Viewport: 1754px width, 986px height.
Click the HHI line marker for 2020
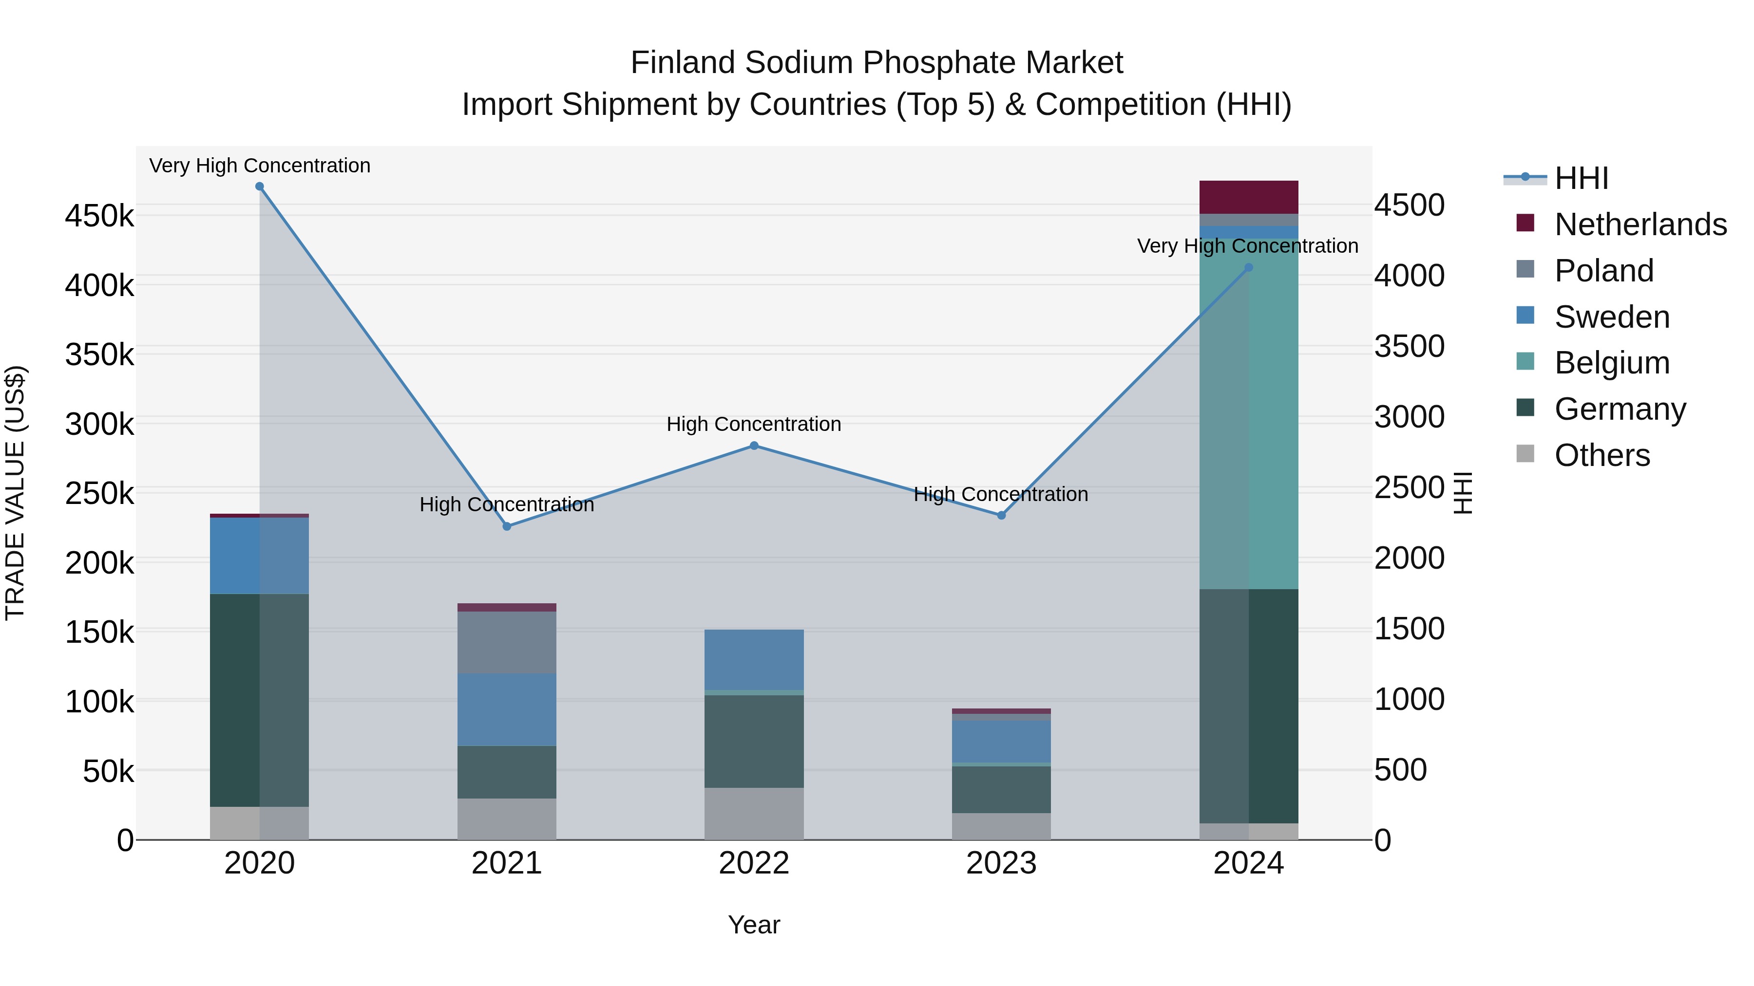[x=259, y=186]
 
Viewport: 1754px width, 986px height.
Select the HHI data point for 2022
[x=754, y=446]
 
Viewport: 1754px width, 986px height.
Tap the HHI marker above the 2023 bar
[x=1001, y=515]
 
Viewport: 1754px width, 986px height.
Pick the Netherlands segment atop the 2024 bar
[x=1248, y=197]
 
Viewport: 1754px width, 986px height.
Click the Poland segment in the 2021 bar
[x=507, y=642]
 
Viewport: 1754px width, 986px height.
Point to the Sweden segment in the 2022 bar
[x=754, y=659]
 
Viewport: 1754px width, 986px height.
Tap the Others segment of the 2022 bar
[x=754, y=813]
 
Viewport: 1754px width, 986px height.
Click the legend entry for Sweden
[x=1611, y=317]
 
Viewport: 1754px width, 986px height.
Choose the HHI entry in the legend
[x=1581, y=178]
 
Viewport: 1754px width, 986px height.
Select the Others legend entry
[x=1601, y=455]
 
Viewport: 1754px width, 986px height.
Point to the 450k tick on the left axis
[x=99, y=216]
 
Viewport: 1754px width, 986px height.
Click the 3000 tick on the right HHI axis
[x=1409, y=416]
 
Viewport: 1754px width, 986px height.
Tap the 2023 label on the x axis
[x=1001, y=863]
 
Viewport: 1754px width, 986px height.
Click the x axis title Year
[x=754, y=925]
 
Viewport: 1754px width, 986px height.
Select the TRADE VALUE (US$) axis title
[x=15, y=493]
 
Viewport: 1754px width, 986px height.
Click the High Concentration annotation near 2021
[x=507, y=504]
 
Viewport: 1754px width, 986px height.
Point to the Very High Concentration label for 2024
[x=1247, y=246]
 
